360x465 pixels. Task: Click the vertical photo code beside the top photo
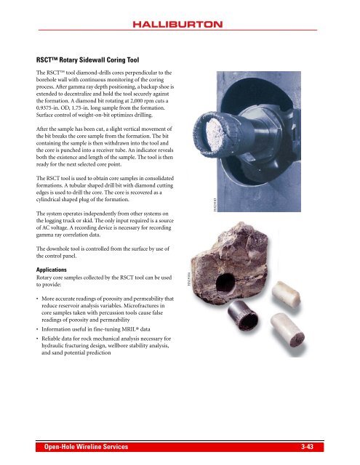199,210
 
